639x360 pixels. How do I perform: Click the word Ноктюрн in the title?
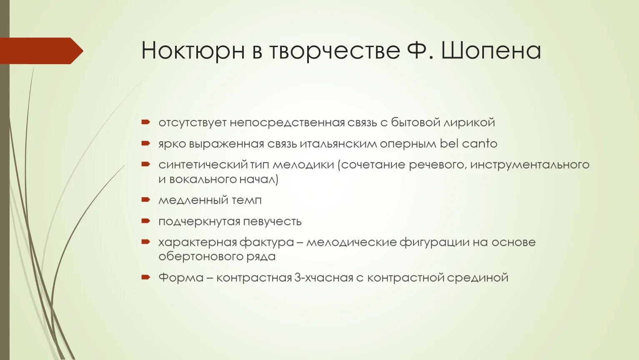point(193,51)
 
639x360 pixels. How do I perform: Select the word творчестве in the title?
point(334,51)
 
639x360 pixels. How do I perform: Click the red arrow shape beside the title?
point(41,51)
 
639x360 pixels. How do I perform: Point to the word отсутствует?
point(192,122)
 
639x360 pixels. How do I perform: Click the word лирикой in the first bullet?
point(469,122)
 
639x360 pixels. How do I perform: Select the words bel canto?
point(469,144)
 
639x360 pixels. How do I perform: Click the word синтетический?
point(203,165)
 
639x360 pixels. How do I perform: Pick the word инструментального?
point(529,165)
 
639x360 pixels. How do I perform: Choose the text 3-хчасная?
point(323,277)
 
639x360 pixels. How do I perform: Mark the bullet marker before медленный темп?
point(145,200)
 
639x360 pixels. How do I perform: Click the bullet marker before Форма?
point(145,277)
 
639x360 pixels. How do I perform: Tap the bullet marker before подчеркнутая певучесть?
point(145,221)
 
